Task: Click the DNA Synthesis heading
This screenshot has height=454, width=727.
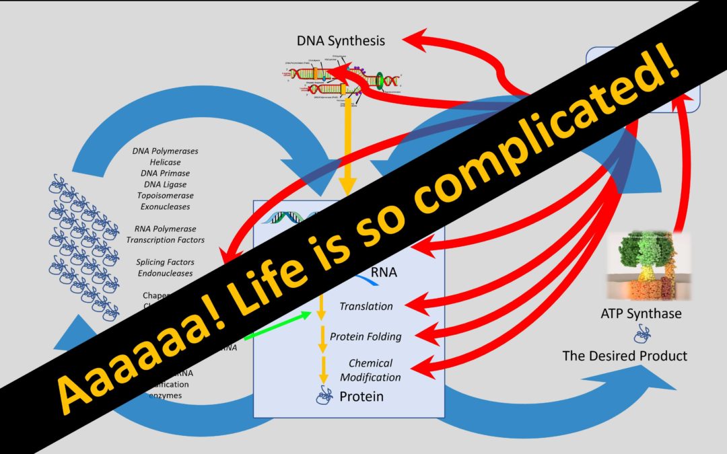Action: click(341, 40)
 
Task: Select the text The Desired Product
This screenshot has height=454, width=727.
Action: click(625, 355)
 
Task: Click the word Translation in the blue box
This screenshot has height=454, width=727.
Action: click(366, 306)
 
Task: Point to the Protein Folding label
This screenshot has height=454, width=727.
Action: click(366, 336)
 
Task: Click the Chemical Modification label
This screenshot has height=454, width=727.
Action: click(370, 371)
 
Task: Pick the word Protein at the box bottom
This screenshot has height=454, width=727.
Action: click(361, 396)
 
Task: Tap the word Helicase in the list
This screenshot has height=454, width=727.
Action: click(166, 162)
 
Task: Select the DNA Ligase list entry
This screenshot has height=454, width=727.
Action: click(166, 184)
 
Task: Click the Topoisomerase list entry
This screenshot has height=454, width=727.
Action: click(166, 195)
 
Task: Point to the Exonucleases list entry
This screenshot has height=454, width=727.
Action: click(166, 206)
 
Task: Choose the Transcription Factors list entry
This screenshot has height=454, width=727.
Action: click(166, 239)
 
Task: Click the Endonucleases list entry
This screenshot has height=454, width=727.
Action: click(166, 273)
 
